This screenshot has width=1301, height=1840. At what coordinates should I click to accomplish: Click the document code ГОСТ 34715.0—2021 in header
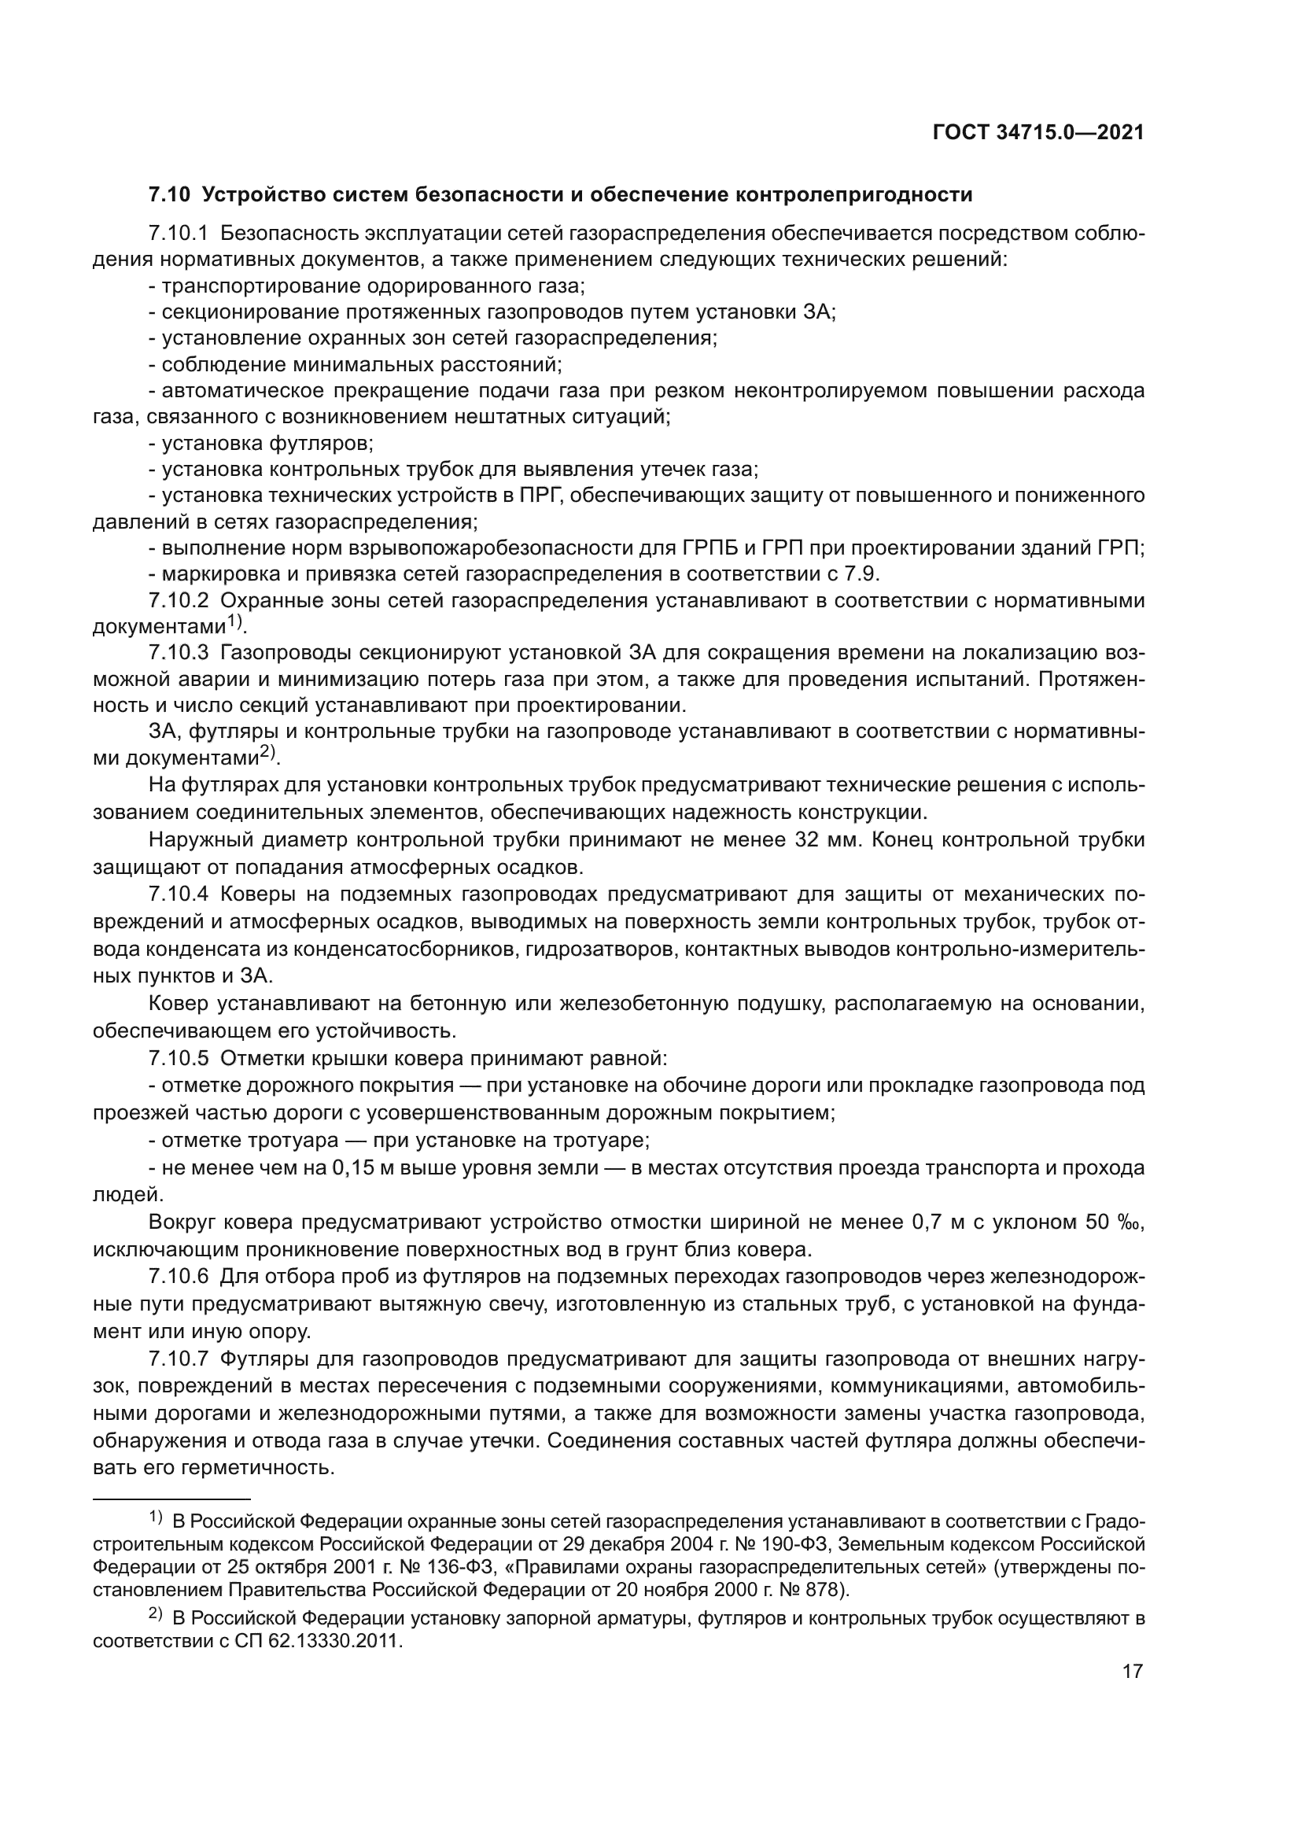(x=1038, y=133)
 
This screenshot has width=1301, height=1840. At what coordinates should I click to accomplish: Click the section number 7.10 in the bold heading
(x=169, y=195)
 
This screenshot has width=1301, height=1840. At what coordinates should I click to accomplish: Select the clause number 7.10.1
(x=178, y=233)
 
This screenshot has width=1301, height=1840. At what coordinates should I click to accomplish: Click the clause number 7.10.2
(x=178, y=600)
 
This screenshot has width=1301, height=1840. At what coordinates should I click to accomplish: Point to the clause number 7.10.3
(x=178, y=653)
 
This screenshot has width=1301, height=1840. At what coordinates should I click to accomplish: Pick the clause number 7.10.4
(x=178, y=894)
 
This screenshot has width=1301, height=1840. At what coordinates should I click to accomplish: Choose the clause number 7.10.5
(x=178, y=1058)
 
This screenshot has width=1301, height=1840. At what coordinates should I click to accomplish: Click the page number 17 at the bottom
(x=1132, y=1671)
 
